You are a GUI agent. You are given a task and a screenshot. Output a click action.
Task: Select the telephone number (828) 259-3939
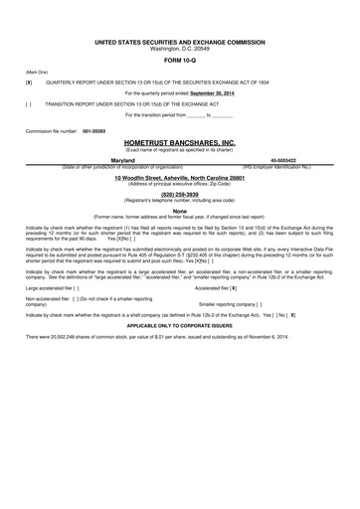(x=179, y=196)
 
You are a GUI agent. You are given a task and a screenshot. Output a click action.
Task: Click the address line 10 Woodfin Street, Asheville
(x=180, y=177)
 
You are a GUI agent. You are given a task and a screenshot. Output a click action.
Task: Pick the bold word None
(x=179, y=211)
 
